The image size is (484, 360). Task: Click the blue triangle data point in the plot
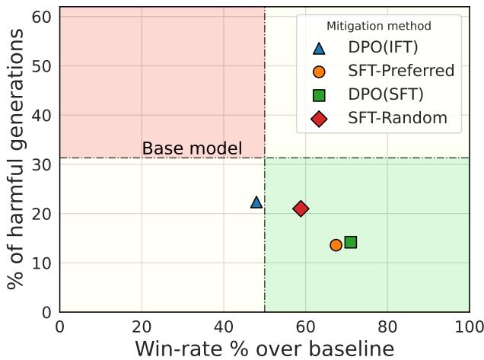tap(256, 202)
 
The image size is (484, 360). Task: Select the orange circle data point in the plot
tap(336, 245)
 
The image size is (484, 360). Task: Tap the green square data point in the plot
tap(351, 242)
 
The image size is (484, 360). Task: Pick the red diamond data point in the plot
tap(301, 209)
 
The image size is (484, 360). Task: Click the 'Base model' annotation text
tap(192, 148)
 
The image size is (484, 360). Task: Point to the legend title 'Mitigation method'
tap(378, 27)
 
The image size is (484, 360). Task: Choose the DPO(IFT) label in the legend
tap(383, 47)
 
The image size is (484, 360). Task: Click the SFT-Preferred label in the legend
tap(401, 71)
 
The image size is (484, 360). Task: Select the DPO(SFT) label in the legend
tap(386, 94)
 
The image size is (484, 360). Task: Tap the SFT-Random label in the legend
tap(397, 118)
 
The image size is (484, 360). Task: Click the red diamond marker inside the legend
tap(319, 119)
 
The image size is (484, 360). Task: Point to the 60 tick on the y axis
tap(46, 17)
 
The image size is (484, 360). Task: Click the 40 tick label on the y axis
tap(46, 116)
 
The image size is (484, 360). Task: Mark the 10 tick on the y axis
tap(46, 263)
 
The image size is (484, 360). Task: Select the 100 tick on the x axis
tap(469, 327)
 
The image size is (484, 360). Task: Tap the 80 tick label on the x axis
tap(387, 327)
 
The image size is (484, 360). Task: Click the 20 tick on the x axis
tap(142, 327)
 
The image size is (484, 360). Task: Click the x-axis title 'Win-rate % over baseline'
tap(265, 349)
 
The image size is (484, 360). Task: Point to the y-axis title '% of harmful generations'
tap(15, 160)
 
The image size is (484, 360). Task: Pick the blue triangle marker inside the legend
tap(319, 48)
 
